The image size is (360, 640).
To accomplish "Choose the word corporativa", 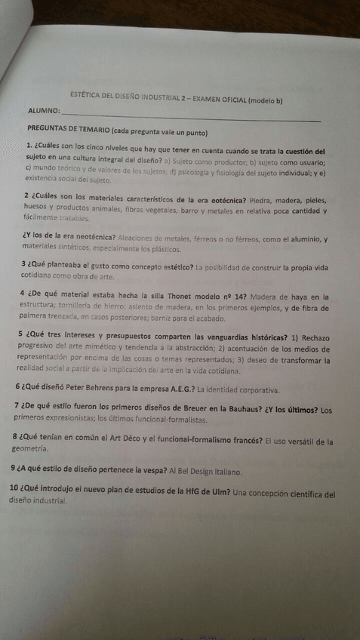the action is click(257, 390).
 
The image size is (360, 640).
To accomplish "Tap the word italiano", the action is click(224, 472).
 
